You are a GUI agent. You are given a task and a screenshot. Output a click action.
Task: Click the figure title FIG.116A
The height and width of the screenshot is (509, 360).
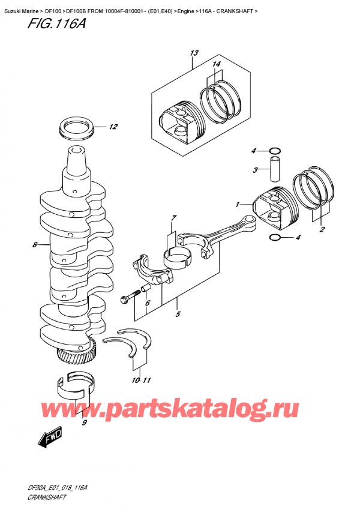[x=40, y=25]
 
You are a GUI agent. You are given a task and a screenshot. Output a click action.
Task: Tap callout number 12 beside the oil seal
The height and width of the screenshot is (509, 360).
[x=113, y=127]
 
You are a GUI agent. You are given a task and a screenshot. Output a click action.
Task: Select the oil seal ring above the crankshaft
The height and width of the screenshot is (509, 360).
[x=77, y=128]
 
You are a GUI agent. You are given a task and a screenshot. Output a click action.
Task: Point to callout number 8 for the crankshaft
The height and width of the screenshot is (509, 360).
[x=35, y=245]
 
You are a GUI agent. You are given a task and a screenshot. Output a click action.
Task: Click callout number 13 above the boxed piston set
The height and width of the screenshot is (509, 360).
[x=193, y=53]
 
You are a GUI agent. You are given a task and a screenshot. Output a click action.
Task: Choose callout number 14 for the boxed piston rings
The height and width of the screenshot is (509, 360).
[x=215, y=64]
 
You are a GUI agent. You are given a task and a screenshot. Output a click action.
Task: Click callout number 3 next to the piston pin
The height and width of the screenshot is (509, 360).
[x=254, y=170]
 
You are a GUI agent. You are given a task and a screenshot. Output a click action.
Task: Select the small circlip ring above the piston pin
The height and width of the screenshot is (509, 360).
[x=274, y=149]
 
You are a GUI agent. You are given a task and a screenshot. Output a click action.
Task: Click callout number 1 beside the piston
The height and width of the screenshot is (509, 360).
[x=238, y=204]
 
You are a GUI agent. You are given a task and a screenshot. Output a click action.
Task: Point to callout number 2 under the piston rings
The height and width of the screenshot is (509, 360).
[x=322, y=229]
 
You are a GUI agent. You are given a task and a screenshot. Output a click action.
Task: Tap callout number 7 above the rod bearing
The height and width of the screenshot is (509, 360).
[x=173, y=217]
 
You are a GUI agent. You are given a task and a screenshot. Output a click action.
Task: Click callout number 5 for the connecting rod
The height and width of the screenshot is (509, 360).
[x=178, y=313]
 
